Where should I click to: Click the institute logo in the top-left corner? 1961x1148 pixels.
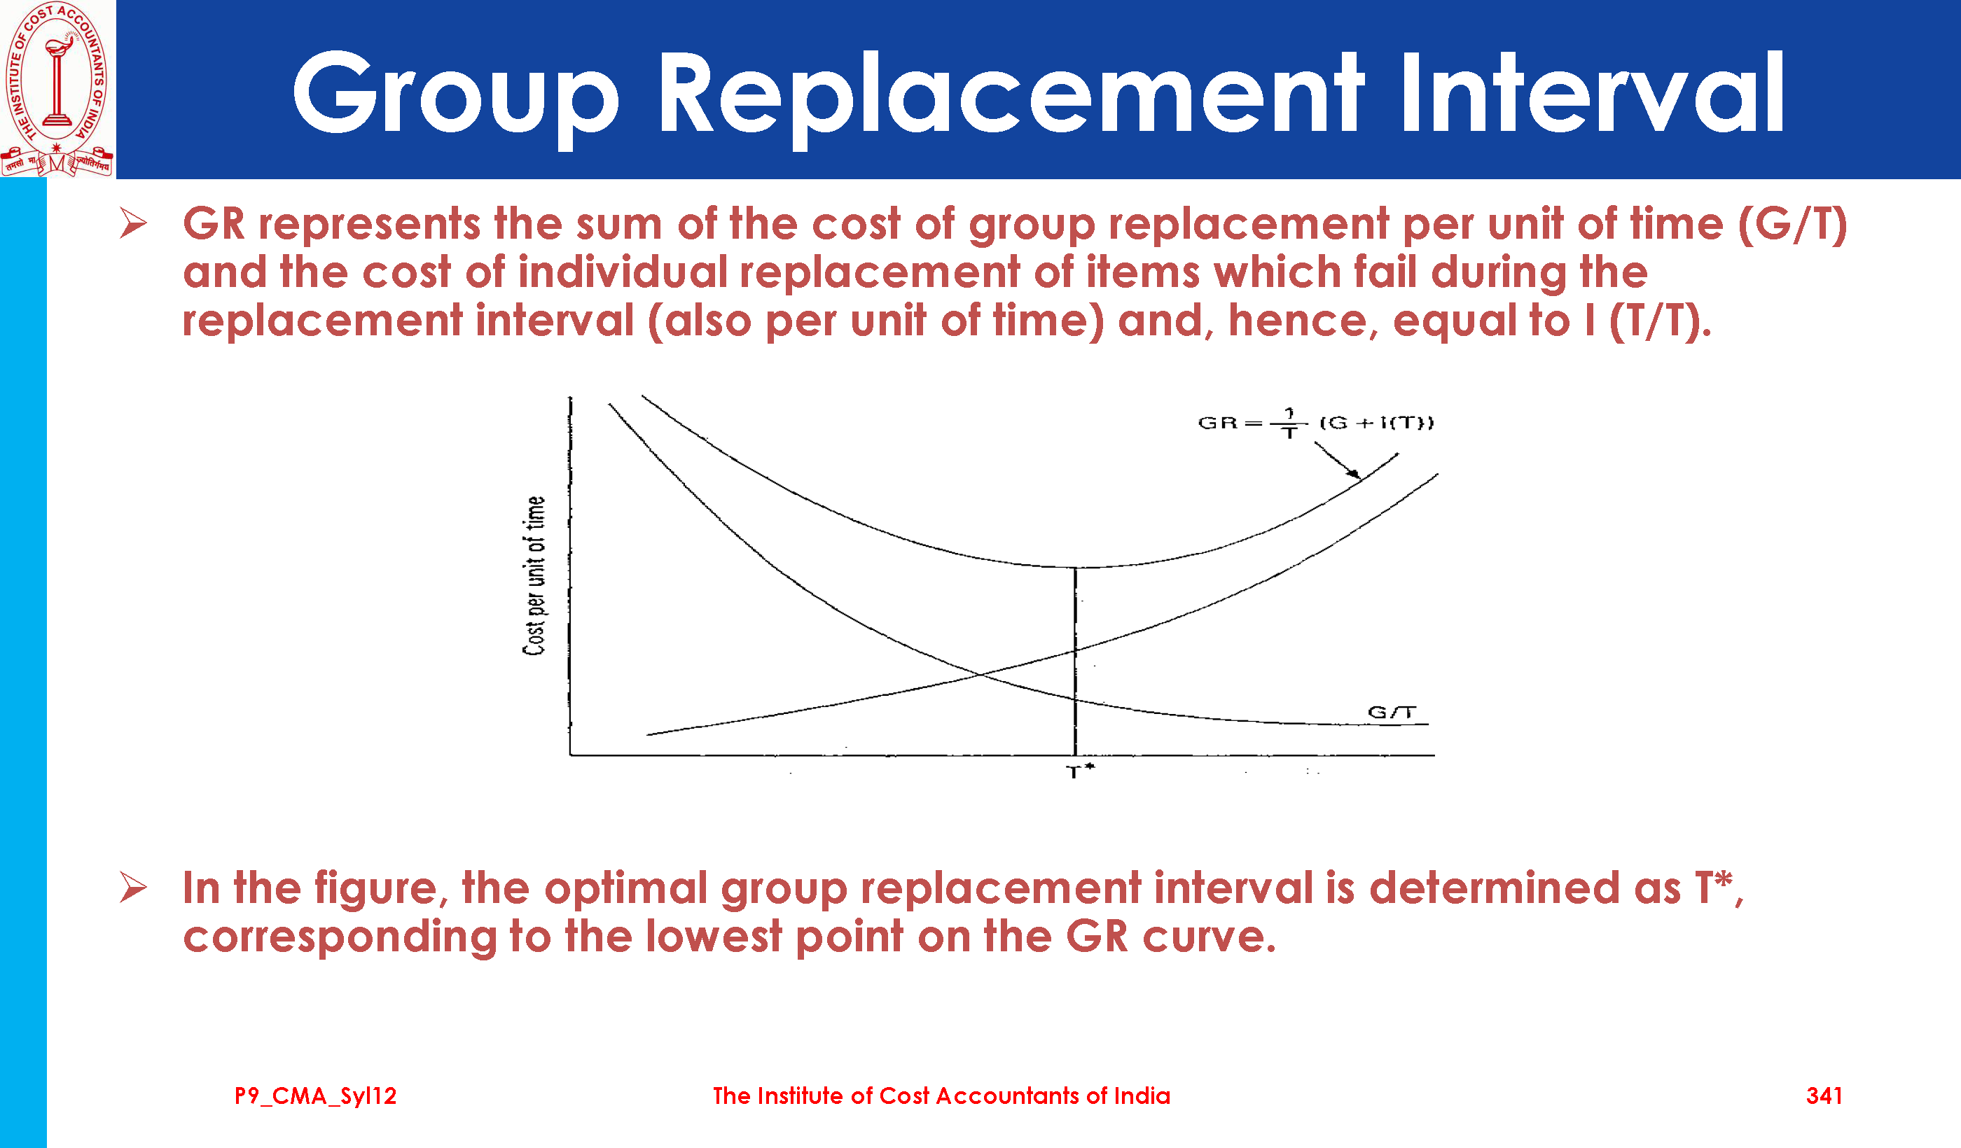57,89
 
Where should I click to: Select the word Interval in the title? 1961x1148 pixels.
1592,92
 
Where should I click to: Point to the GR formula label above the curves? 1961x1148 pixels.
1315,422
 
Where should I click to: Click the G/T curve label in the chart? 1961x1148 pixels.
1392,712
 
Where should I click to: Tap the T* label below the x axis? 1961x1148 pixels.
1080,771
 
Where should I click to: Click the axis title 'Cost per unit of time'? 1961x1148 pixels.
534,575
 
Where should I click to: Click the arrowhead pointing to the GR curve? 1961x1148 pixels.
1353,473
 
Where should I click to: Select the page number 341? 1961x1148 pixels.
1824,1096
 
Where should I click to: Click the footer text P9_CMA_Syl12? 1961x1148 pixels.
316,1096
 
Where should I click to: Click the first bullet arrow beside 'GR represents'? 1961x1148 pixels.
133,224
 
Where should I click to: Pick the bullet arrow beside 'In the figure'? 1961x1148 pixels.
133,888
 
